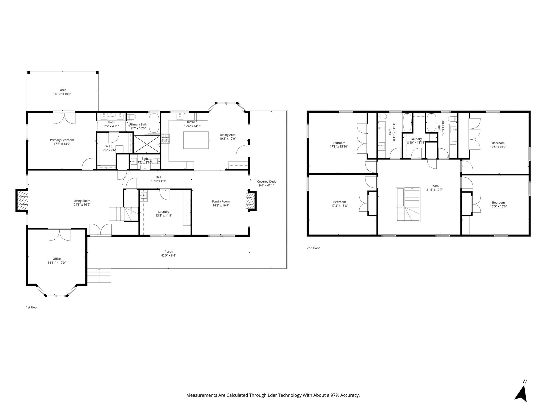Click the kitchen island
pyautogui.click(x=196, y=140)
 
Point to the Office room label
pyautogui.click(x=57, y=259)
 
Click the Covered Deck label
pyautogui.click(x=266, y=182)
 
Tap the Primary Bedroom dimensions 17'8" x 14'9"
pyautogui.click(x=62, y=144)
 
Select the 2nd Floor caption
pyautogui.click(x=313, y=248)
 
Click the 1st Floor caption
pyautogui.click(x=32, y=307)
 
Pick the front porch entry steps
pyautogui.click(x=99, y=276)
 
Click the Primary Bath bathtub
pyautogui.click(x=154, y=123)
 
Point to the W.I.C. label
pyautogui.click(x=109, y=146)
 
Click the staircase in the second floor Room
pyautogui.click(x=408, y=204)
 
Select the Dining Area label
pyautogui.click(x=227, y=135)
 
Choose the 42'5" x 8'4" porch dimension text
pyautogui.click(x=168, y=255)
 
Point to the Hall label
pyautogui.click(x=158, y=177)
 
